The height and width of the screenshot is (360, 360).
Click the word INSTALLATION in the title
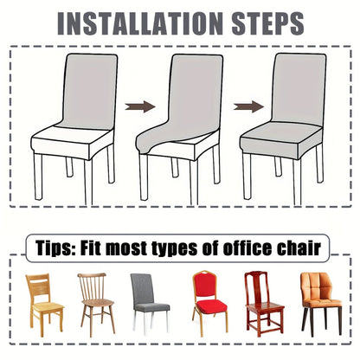pos(140,23)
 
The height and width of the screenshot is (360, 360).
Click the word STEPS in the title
pos(267,23)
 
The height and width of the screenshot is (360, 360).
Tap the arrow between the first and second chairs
pos(140,106)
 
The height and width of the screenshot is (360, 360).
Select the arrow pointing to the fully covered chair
pos(248,106)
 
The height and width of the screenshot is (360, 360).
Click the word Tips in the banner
pos(55,248)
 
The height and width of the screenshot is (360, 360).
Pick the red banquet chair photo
pos(209,303)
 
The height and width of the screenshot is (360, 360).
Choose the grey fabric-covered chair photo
pos(150,304)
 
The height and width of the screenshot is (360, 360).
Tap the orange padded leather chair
pos(321,304)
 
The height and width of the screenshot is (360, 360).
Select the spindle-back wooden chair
pos(96,305)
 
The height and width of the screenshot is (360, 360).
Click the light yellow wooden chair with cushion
pos(44,305)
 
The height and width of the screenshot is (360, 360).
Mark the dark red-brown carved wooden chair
pos(264,304)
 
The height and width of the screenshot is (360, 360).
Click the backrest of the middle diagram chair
pos(194,93)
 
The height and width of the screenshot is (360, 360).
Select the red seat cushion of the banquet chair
pos(211,306)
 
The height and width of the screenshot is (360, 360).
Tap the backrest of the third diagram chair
pos(299,88)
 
